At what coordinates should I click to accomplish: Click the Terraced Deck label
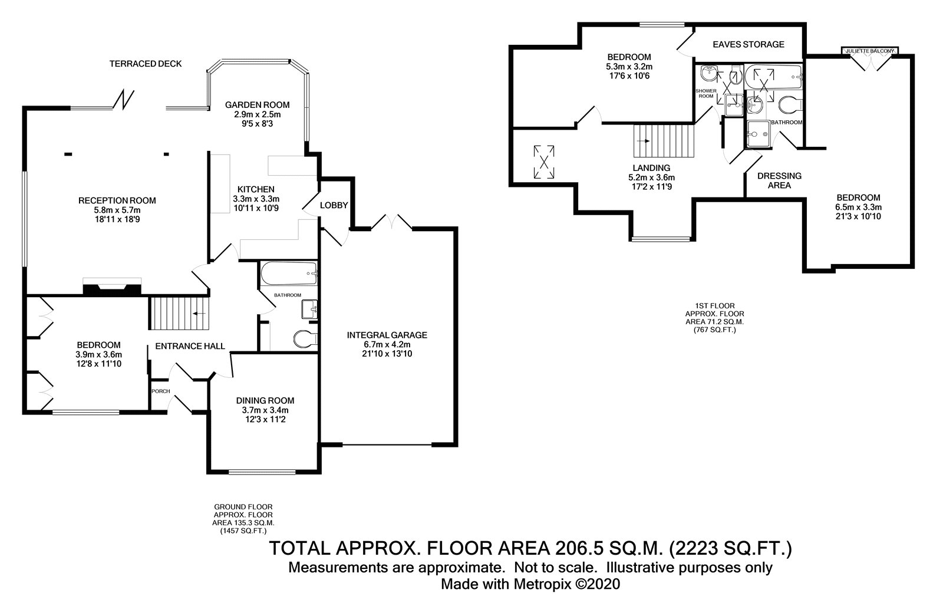[x=146, y=64]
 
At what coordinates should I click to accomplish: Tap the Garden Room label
[x=257, y=105]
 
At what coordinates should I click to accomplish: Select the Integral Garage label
[x=387, y=335]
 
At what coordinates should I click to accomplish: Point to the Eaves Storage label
[x=749, y=44]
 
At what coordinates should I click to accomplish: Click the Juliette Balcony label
[x=870, y=51]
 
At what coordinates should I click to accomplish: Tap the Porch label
[x=161, y=391]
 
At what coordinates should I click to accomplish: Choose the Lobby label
[x=334, y=205]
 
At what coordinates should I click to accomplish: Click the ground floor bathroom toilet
[x=306, y=339]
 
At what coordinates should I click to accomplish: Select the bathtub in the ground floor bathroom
[x=289, y=274]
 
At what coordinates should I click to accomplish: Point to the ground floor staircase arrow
[x=199, y=314]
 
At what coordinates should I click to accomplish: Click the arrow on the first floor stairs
[x=644, y=141]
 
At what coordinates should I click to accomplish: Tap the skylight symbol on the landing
[x=544, y=162]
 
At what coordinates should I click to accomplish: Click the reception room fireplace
[x=112, y=289]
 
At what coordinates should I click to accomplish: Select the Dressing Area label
[x=779, y=181]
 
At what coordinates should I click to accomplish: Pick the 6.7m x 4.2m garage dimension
[x=387, y=344]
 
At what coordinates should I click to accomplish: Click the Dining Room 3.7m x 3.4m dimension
[x=265, y=410]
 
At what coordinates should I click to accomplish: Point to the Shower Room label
[x=706, y=94]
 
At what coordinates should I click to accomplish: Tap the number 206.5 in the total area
[x=581, y=548]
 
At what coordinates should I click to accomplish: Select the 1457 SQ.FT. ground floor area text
[x=243, y=531]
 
